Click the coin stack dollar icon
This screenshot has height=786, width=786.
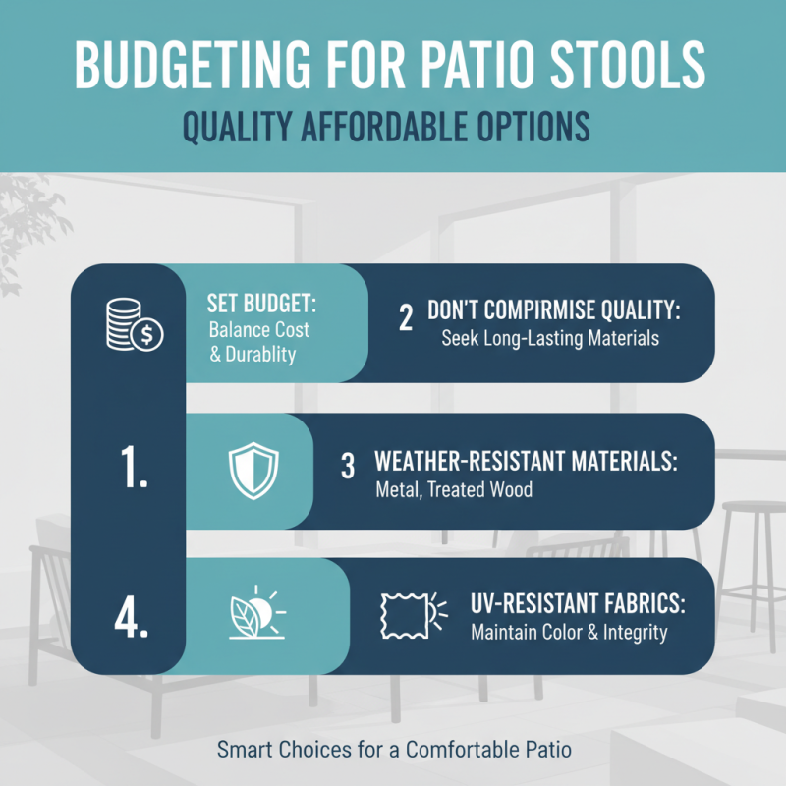tap(135, 327)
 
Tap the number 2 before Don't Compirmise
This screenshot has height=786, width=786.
tap(406, 321)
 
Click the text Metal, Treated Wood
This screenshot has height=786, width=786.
tap(454, 488)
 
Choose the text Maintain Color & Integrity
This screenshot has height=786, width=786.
tap(569, 633)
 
